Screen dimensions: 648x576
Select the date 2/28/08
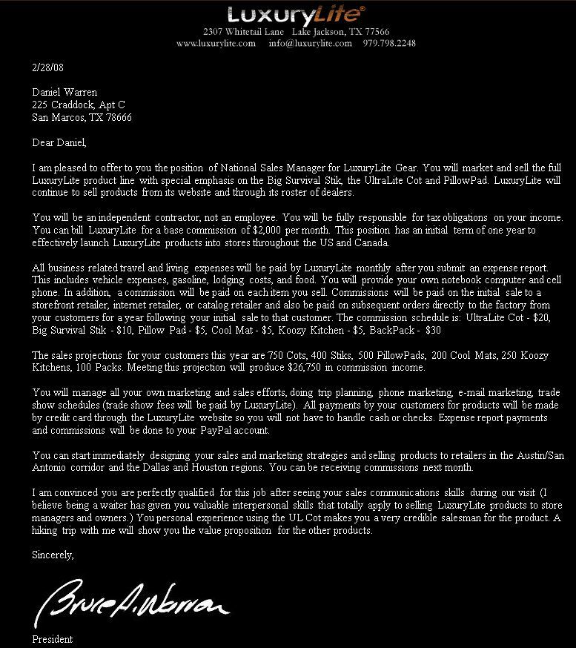[47, 67]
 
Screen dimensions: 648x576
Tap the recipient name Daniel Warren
[64, 93]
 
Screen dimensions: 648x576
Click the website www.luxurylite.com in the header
[216, 43]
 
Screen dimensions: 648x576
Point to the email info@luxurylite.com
[310, 43]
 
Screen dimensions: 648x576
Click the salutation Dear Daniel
[59, 142]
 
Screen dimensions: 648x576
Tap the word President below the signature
[53, 639]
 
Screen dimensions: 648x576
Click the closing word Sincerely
[53, 554]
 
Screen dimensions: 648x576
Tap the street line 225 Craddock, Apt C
[79, 105]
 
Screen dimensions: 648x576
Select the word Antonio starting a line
[49, 467]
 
